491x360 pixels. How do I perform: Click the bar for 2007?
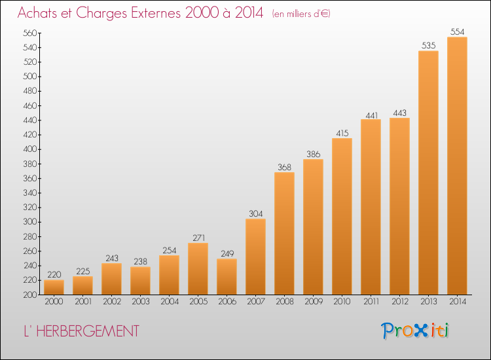255,257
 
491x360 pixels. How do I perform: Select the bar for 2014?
457,166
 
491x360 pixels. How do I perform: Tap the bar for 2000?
54,287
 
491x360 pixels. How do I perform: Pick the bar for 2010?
342,216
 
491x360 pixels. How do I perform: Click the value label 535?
428,46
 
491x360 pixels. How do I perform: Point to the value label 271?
198,238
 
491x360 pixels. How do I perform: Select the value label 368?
284,167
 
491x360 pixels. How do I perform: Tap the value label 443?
399,113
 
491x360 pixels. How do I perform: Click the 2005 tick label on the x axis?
198,302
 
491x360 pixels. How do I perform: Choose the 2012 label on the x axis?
400,302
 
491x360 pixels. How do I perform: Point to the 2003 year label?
141,302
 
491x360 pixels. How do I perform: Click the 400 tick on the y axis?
29,149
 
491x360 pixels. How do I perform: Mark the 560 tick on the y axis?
29,33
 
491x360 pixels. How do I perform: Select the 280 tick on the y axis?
29,237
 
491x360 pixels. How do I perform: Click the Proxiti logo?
414,331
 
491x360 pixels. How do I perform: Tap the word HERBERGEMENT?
88,331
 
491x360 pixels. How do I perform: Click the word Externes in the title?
156,13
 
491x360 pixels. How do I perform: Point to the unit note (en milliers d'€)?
301,14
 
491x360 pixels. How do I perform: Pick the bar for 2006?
227,277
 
